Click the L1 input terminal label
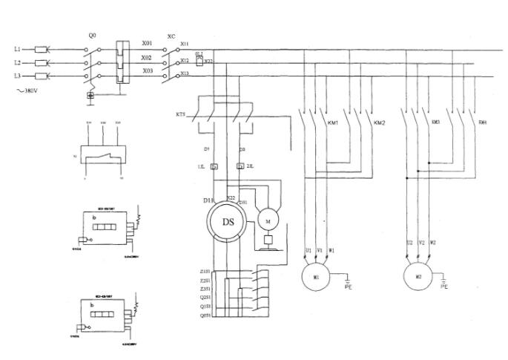pos(17,50)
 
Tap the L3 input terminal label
pos(17,76)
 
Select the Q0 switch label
pos(92,35)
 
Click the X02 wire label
pos(147,56)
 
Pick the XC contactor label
pos(171,36)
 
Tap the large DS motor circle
pos(228,220)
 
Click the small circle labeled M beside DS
pos(267,220)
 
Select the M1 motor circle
pos(316,277)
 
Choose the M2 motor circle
pos(418,277)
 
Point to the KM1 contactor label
pos(331,122)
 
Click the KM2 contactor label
pos(379,122)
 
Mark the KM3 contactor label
pos(435,122)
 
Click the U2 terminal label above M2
pos(409,242)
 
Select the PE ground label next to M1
pos(349,285)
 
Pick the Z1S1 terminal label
pos(205,272)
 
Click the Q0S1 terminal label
pos(205,315)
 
